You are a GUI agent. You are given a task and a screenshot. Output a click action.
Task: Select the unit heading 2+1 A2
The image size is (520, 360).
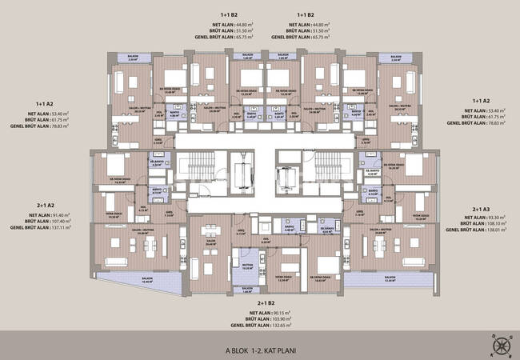[x=40, y=205]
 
